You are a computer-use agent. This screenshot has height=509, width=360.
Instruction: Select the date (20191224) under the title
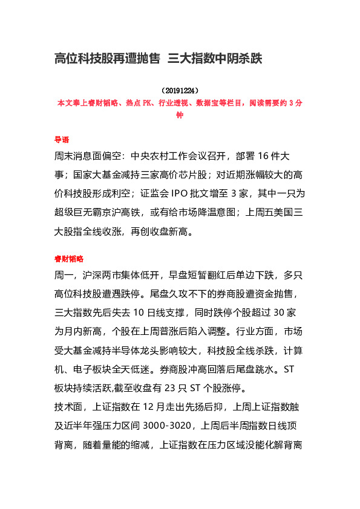[180, 91]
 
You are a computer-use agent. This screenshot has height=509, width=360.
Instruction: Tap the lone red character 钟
[180, 115]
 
